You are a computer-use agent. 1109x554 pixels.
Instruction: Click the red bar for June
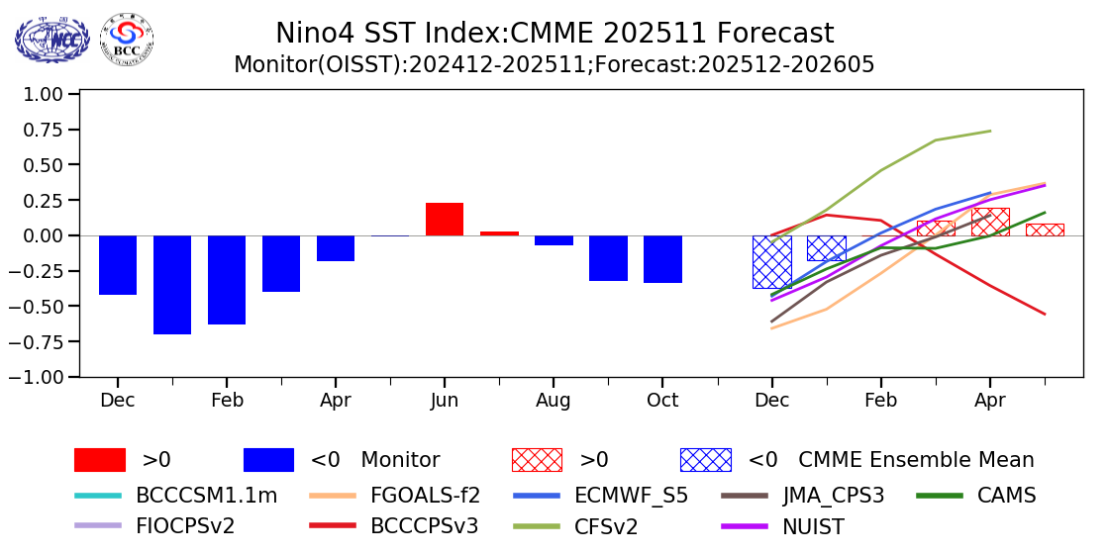(445, 220)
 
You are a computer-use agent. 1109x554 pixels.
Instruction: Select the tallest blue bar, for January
(172, 285)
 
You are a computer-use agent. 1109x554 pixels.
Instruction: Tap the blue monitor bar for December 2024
(118, 265)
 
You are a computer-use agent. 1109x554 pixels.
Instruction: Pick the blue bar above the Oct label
(662, 259)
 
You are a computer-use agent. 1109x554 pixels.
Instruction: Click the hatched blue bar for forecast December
(771, 261)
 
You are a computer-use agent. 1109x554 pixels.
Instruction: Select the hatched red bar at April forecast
(990, 222)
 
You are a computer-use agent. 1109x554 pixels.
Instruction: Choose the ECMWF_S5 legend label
(631, 495)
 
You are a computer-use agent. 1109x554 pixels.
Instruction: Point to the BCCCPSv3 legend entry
(424, 525)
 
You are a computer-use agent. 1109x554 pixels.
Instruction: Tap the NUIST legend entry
(809, 525)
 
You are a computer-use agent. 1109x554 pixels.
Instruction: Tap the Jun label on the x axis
(445, 401)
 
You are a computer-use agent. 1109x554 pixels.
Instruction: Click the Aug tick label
(554, 401)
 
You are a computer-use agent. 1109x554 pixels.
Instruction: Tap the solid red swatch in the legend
(100, 460)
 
